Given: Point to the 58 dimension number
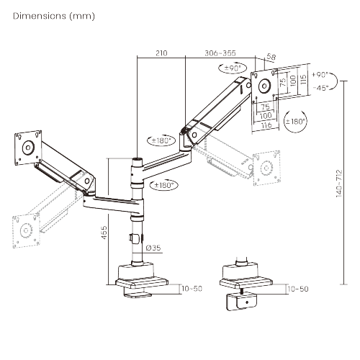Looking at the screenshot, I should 271,57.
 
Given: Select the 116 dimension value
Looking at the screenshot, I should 266,125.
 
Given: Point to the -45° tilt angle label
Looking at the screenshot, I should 321,87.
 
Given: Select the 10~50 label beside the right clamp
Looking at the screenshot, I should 297,289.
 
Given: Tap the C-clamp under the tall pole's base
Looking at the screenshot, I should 137,292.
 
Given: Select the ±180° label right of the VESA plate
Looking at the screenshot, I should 297,121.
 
